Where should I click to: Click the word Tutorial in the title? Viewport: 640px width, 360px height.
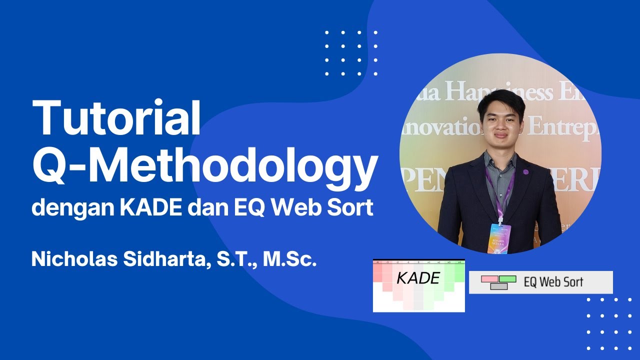(116, 119)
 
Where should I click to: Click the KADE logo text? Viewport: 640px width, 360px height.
(418, 278)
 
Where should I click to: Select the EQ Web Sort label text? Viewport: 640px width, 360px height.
(553, 282)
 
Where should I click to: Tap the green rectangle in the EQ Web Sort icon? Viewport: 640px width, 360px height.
(507, 278)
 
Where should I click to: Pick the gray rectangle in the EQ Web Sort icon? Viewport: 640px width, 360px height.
(498, 286)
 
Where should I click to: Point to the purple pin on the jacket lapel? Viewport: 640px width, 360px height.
(525, 172)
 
